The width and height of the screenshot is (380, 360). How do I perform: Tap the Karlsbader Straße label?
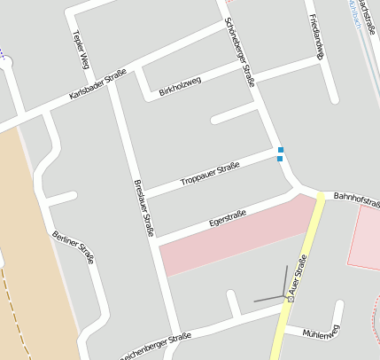tap(97, 85)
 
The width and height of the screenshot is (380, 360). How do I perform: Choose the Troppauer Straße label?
tap(210, 173)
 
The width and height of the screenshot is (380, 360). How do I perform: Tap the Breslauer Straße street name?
tap(144, 208)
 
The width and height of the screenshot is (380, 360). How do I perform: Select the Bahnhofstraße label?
tap(356, 198)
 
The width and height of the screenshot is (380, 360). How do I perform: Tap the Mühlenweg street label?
tap(321, 333)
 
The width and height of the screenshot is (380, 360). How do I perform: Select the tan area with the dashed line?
tap(18, 248)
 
